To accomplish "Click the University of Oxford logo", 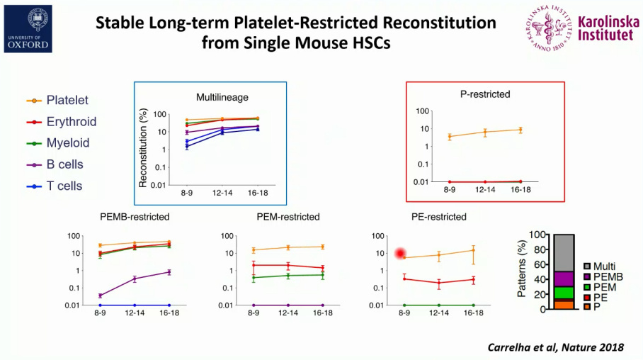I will (x=28, y=28).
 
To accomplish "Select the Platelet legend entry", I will (x=67, y=101).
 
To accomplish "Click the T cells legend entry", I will (x=64, y=186).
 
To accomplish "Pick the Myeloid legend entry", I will (x=67, y=143).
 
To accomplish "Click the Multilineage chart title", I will (x=222, y=97).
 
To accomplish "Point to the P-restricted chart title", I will (x=484, y=94).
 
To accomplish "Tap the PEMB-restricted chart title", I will (x=135, y=217).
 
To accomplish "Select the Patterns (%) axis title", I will (x=523, y=271).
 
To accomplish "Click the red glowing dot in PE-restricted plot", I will (x=401, y=254).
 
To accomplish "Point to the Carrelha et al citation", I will (x=556, y=347).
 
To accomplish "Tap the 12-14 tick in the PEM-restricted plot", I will (x=288, y=313).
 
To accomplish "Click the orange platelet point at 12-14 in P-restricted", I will (x=485, y=133).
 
